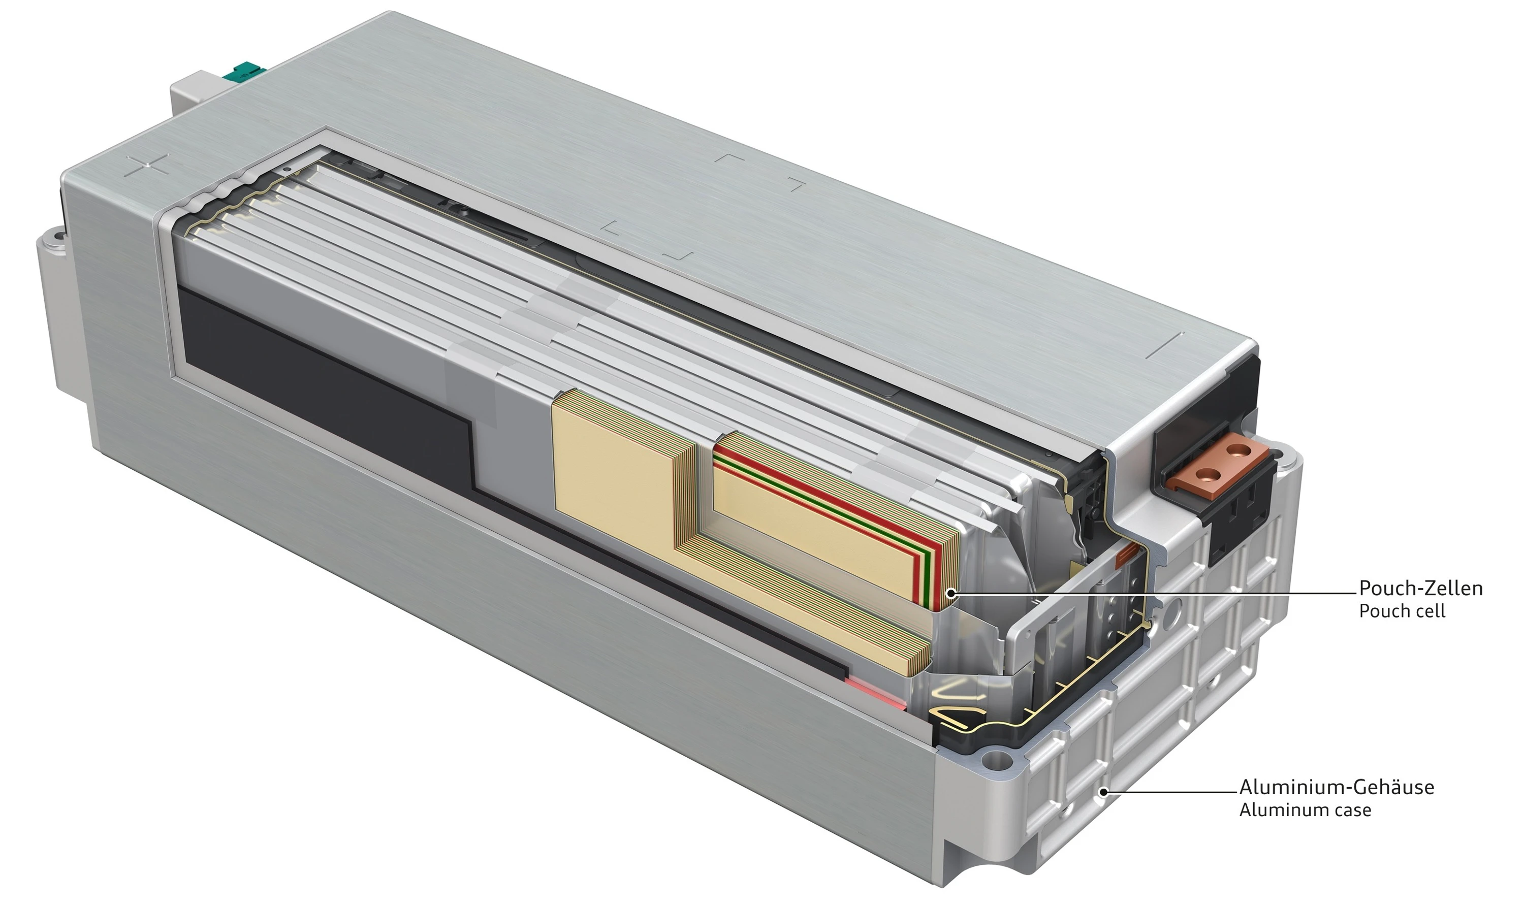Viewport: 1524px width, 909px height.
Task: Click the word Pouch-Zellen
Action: (x=1420, y=589)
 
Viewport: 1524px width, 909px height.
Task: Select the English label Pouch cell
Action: (x=1402, y=611)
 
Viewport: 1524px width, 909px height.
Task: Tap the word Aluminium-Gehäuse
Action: (x=1337, y=787)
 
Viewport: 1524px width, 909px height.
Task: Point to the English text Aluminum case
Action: (x=1305, y=810)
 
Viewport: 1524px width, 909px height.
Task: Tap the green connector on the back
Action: (x=244, y=71)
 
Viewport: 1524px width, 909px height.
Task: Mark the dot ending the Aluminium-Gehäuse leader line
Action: (x=1103, y=792)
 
